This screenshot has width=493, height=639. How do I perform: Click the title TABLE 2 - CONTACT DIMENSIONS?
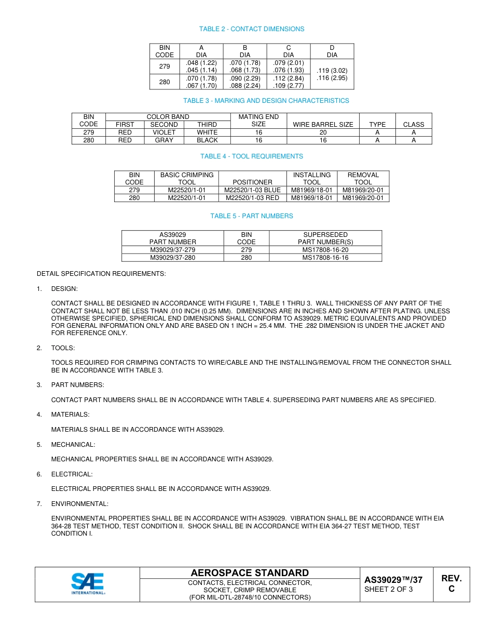click(x=252, y=29)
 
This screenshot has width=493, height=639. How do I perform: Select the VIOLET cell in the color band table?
click(x=164, y=132)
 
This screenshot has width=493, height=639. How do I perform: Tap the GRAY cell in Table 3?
click(x=164, y=140)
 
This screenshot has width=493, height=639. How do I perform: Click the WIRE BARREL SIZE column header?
click(x=323, y=125)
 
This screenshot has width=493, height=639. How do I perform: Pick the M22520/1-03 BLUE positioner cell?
click(x=252, y=190)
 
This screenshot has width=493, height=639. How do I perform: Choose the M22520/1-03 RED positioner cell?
click(x=252, y=198)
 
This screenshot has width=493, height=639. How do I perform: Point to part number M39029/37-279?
click(x=173, y=250)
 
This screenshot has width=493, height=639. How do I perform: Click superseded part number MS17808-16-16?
click(x=325, y=258)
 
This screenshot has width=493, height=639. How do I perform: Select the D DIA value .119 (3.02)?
click(x=332, y=70)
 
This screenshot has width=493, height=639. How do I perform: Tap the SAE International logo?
click(x=88, y=584)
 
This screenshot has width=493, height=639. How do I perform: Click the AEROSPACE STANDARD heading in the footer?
click(x=250, y=573)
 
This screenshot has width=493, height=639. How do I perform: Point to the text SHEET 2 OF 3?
click(x=389, y=589)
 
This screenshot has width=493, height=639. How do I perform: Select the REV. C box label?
click(x=451, y=583)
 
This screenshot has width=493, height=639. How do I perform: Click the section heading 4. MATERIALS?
click(x=70, y=415)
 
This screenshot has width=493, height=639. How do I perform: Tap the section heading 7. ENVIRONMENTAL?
click(x=79, y=504)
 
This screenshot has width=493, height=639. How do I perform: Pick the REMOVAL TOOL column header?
click(x=363, y=179)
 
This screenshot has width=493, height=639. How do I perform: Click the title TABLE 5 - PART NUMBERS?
click(x=252, y=216)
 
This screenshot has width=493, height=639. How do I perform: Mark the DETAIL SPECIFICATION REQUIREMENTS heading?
click(x=101, y=274)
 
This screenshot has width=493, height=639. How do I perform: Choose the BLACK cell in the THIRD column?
click(x=207, y=140)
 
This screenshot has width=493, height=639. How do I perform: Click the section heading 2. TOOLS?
click(x=63, y=348)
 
